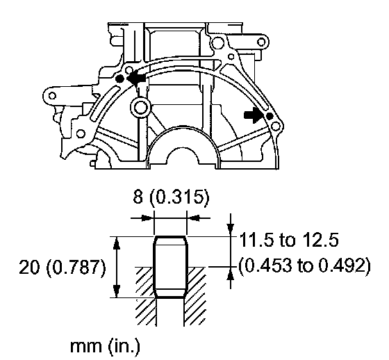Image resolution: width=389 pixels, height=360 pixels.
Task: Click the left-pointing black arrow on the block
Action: point(136,78)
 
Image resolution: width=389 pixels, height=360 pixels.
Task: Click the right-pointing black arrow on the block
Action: point(253,115)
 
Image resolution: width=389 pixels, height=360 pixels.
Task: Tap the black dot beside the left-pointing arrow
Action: point(119,79)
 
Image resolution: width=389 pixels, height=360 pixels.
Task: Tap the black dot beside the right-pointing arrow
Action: point(270,116)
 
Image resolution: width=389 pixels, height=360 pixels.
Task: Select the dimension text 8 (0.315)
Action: point(171,198)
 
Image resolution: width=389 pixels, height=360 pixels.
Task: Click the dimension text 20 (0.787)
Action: point(63,268)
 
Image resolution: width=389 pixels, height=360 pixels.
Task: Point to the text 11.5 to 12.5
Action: point(288,240)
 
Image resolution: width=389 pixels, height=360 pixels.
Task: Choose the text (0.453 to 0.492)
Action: point(305,265)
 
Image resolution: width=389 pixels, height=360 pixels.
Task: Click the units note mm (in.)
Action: point(105,346)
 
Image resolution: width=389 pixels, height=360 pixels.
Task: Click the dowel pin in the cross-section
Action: point(170,267)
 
